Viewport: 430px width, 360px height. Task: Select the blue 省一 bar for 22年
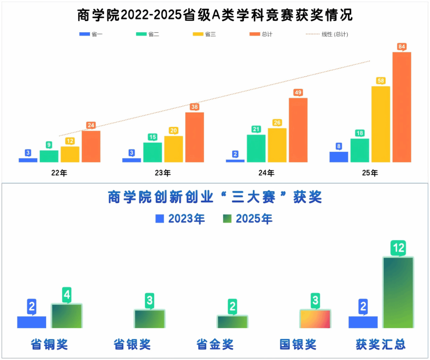pyautogui.click(x=28, y=160)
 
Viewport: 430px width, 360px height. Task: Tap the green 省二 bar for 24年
pyautogui.click(x=256, y=148)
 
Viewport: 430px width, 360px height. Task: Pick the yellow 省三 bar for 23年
pyautogui.click(x=174, y=149)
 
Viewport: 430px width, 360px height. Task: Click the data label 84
pyautogui.click(x=402, y=47)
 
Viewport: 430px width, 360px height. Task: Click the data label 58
pyautogui.click(x=381, y=81)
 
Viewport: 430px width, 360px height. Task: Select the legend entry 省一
pyautogui.click(x=91, y=34)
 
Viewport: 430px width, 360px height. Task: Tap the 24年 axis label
pyautogui.click(x=266, y=173)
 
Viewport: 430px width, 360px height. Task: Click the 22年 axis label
pyautogui.click(x=59, y=173)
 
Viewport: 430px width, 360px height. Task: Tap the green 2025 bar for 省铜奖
pyautogui.click(x=66, y=316)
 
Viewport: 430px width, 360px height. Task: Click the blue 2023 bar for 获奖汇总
pyautogui.click(x=363, y=322)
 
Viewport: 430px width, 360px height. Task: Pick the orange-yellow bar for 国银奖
pyautogui.click(x=315, y=319)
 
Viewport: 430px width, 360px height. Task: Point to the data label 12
pyautogui.click(x=398, y=248)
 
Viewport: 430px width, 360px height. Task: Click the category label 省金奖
pyautogui.click(x=215, y=344)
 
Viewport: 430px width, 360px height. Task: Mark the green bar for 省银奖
pyautogui.click(x=149, y=319)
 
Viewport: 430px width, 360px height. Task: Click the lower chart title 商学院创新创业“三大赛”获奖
pyautogui.click(x=215, y=198)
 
